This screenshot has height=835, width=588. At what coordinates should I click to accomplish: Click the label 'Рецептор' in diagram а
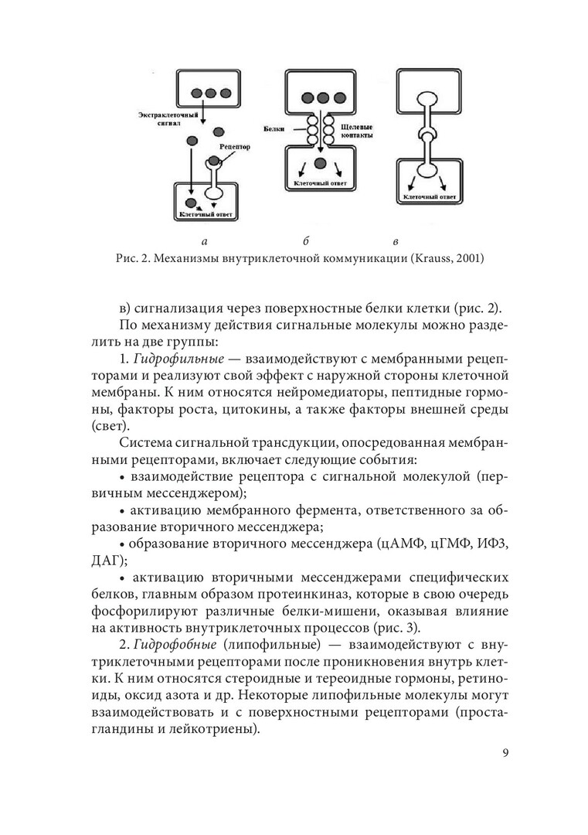click(233, 145)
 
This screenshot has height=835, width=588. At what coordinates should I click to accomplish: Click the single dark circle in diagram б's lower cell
click(320, 164)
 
